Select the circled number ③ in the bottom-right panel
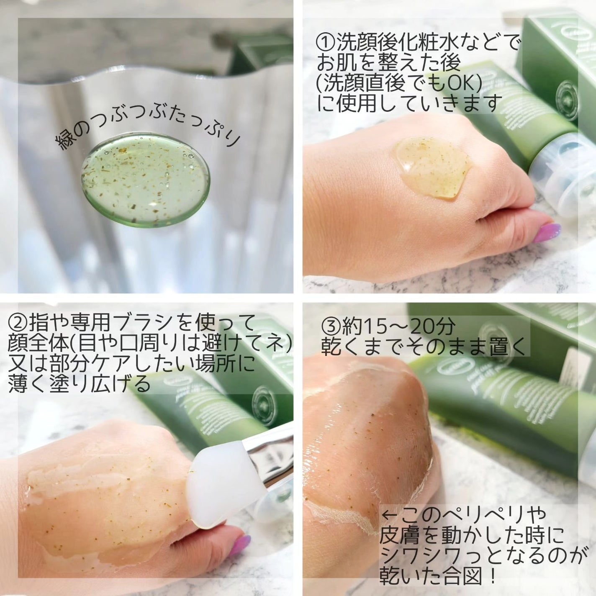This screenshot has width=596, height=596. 331,326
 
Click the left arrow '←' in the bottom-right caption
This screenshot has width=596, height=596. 389,514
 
